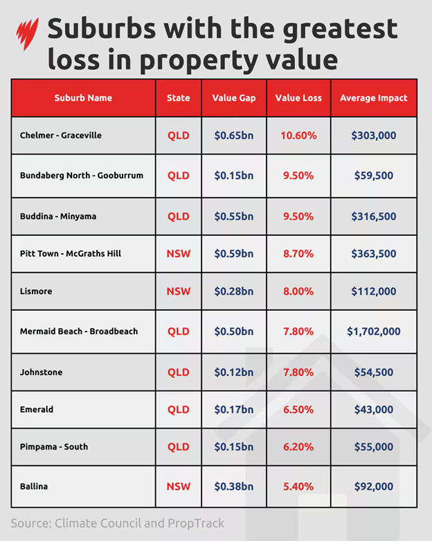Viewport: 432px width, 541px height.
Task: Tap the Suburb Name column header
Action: tap(83, 98)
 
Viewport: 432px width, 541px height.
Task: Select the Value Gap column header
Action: tap(233, 98)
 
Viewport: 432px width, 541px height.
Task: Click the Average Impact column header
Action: tap(373, 98)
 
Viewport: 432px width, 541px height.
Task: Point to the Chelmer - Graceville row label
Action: tap(61, 135)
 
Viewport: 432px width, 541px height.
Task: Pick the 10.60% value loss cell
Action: tap(298, 135)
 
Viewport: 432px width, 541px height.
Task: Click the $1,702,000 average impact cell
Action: tap(373, 332)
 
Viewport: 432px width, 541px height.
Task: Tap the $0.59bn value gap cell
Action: tap(233, 254)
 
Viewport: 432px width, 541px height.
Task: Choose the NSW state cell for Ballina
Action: tap(178, 487)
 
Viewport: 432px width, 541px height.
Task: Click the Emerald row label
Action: tap(37, 409)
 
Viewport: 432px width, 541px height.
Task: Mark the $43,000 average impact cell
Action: tap(373, 409)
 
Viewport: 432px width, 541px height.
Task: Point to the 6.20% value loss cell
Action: tap(298, 447)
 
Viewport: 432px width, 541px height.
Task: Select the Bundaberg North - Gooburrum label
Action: tap(82, 175)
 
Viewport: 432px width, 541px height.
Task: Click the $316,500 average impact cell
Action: tap(373, 216)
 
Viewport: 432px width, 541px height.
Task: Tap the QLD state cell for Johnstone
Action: tap(178, 372)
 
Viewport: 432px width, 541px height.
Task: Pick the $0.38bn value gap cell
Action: tap(233, 487)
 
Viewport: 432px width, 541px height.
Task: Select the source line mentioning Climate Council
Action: tap(118, 522)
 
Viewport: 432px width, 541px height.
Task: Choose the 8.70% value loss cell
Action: tap(298, 254)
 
